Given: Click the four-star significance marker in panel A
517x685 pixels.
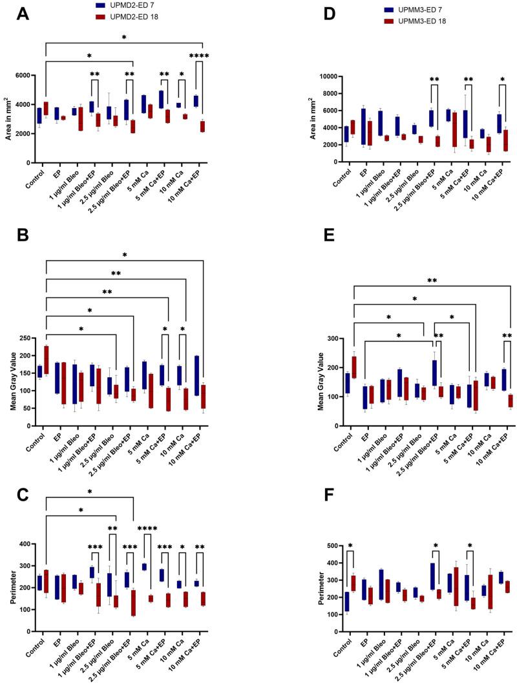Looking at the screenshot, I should coord(198,56).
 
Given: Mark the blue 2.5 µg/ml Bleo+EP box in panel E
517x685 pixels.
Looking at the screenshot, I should coord(432,373).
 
